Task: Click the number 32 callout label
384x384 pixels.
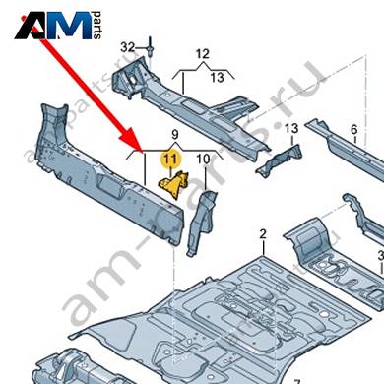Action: point(128,47)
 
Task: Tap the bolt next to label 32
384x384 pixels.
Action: point(151,48)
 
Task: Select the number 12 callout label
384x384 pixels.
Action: point(203,54)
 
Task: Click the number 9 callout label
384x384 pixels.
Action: point(175,135)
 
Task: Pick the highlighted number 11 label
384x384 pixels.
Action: point(170,160)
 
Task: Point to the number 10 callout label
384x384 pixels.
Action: point(203,160)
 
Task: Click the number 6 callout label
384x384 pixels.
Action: point(353,130)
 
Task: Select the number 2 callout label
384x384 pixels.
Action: point(263,234)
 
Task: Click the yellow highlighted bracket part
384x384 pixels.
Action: point(174,184)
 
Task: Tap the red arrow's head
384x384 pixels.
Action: point(134,141)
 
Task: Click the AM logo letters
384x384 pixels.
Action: point(53,26)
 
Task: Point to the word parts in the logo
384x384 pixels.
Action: point(97,26)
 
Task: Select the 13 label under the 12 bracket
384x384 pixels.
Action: point(217,78)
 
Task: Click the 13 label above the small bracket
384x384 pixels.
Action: point(291,128)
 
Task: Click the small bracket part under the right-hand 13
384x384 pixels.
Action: point(279,160)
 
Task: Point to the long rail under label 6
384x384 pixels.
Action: point(348,148)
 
